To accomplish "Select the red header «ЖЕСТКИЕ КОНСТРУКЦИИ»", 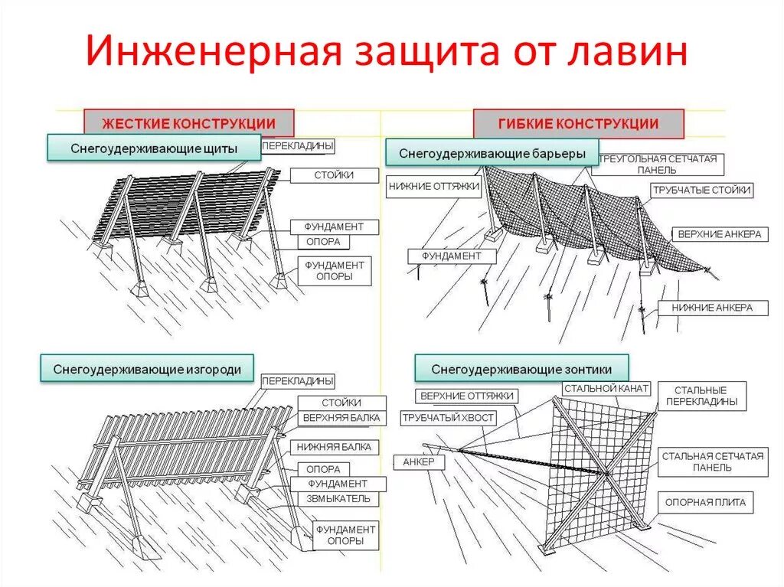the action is [x=189, y=123].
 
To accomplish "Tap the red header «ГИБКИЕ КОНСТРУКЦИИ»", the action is [x=578, y=123].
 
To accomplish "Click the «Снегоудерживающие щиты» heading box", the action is [x=154, y=148].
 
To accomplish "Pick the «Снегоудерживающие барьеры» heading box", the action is [x=492, y=153].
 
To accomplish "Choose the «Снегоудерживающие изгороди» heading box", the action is [x=147, y=370].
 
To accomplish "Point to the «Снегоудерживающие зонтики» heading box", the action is [x=522, y=368].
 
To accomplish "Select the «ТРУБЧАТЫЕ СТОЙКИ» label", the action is [x=701, y=190].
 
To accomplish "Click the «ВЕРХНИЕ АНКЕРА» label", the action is [x=720, y=234].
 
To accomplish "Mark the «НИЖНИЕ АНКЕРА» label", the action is [x=712, y=308].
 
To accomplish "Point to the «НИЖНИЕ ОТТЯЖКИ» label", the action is [x=434, y=185].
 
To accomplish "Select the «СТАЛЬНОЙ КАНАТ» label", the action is [x=606, y=389].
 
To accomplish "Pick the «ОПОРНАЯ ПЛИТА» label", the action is [x=705, y=503].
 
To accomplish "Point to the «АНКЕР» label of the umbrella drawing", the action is [x=418, y=462].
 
